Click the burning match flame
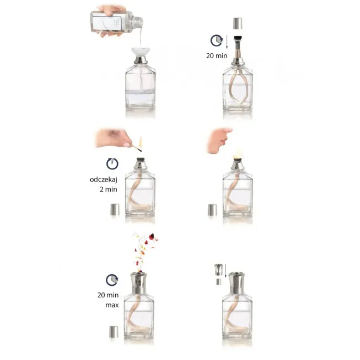point(140,141)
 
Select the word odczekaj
point(104,179)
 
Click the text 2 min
point(109,189)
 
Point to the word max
point(112,305)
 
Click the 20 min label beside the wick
point(217,56)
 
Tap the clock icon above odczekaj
point(112,164)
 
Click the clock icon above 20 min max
point(112,280)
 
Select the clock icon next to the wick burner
point(217,40)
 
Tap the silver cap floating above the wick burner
point(238,23)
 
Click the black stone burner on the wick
point(238,38)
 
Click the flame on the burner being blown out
point(238,155)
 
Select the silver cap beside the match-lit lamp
point(115,209)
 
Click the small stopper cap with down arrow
point(219,270)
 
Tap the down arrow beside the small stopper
point(225,271)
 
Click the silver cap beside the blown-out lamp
point(213,209)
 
